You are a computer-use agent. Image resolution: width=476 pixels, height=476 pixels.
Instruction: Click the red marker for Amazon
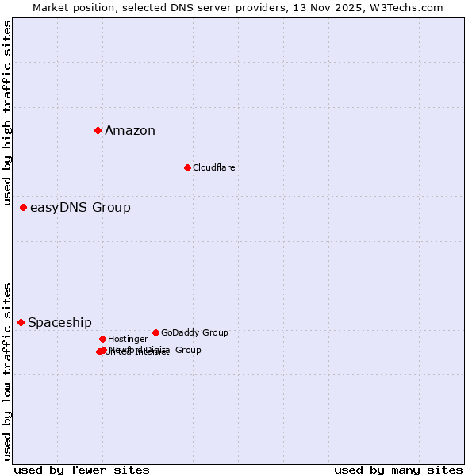coord(98,130)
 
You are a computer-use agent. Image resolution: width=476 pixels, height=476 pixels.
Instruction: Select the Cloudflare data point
coord(187,167)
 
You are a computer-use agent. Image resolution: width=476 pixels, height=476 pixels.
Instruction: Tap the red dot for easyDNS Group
coord(23,207)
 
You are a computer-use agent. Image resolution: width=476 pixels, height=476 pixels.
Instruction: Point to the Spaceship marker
coord(21,322)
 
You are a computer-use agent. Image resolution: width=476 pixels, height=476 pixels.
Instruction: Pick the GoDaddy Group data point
coord(155,332)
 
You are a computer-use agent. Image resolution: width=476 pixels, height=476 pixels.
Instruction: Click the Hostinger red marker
coord(102,339)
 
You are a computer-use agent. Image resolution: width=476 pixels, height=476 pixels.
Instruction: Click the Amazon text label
coord(130,131)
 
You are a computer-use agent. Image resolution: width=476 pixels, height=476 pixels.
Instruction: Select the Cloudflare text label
coord(214,168)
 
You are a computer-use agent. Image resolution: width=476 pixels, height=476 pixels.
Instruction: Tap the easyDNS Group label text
coord(80,208)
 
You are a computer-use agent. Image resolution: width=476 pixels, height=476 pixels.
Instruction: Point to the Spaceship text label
coord(59,323)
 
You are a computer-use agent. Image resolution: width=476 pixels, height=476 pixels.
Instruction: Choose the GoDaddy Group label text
coord(194,333)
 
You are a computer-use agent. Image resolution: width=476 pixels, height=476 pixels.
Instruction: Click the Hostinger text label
coord(128,340)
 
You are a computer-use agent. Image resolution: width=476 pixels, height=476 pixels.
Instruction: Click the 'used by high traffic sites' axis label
coord(8,113)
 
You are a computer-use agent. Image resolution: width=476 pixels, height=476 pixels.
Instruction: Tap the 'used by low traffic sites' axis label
coord(8,370)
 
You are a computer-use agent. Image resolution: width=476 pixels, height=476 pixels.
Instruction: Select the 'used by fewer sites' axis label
coord(82,470)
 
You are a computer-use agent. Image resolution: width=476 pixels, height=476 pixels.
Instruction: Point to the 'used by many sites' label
coord(398,470)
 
